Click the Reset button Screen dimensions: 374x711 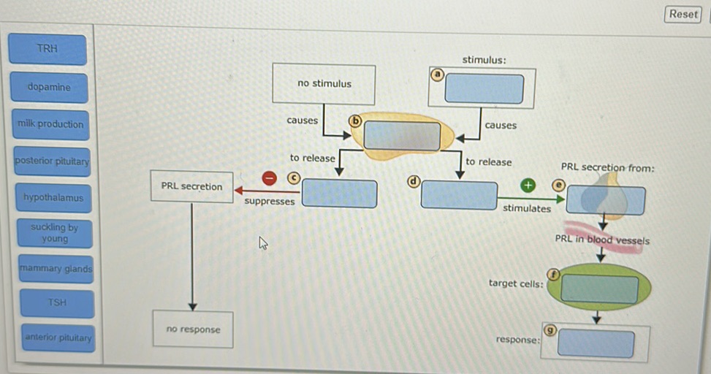point(683,14)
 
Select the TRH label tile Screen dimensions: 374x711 point(47,49)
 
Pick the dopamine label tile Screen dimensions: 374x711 point(49,87)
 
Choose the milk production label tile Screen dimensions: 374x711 point(50,124)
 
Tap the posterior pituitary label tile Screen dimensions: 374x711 point(51,161)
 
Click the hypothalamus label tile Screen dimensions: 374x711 point(53,197)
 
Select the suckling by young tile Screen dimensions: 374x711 point(55,233)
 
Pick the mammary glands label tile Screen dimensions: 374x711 point(57,269)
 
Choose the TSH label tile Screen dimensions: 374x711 point(57,302)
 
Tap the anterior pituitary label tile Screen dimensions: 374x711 point(58,337)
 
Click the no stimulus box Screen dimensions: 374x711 point(324,84)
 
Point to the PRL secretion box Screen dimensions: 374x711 point(191,187)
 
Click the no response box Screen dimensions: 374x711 point(193,329)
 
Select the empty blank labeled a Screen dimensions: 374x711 point(484,89)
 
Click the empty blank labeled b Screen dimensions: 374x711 point(402,136)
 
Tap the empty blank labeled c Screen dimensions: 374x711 point(340,194)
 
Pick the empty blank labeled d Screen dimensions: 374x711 point(459,195)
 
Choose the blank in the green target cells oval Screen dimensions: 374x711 point(599,289)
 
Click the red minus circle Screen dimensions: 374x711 point(270,179)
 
